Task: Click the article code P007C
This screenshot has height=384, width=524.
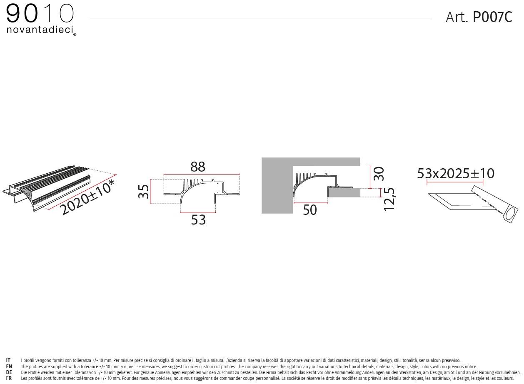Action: (x=492, y=17)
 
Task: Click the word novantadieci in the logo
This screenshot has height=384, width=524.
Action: (x=40, y=30)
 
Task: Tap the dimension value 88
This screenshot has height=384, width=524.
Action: (x=198, y=167)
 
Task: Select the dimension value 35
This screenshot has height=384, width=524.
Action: (x=143, y=191)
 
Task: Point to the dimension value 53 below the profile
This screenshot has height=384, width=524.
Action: (x=198, y=220)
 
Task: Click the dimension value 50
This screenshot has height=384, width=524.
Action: (x=310, y=210)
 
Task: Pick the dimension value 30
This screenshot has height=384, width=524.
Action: (x=379, y=174)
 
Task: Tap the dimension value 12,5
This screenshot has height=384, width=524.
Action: (x=389, y=199)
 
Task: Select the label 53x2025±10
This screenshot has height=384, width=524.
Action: (x=456, y=173)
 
